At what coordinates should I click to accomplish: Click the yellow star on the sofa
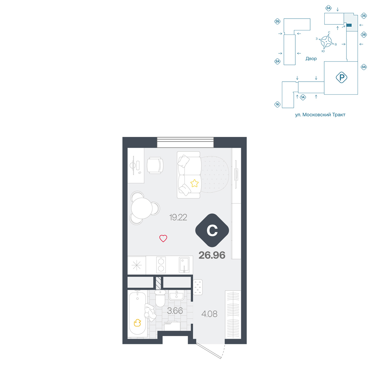(194, 183)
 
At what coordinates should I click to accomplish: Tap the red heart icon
(163, 238)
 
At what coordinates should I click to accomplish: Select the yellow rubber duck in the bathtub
(137, 323)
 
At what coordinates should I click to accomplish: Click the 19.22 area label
(178, 217)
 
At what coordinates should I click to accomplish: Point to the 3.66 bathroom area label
(175, 311)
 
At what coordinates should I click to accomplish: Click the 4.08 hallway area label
(209, 314)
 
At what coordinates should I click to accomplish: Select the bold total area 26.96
(212, 255)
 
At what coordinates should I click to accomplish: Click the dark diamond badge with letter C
(212, 230)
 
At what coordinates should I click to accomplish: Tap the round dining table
(142, 209)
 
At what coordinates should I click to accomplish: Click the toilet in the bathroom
(160, 298)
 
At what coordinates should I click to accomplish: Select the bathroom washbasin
(176, 295)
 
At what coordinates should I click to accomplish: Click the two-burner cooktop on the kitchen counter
(161, 265)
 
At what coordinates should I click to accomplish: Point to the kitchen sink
(184, 265)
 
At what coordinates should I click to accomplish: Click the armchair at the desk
(155, 165)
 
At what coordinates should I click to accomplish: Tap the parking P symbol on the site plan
(341, 78)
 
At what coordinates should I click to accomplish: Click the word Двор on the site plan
(311, 59)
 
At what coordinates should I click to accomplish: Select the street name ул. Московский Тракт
(320, 115)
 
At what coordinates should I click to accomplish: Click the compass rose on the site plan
(326, 42)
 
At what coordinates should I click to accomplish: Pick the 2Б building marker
(277, 22)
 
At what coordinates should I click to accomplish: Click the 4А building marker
(364, 67)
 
